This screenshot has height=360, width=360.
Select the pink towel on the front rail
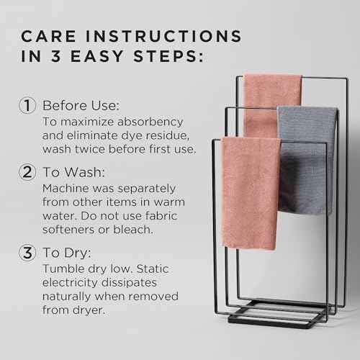(x=251, y=191)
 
